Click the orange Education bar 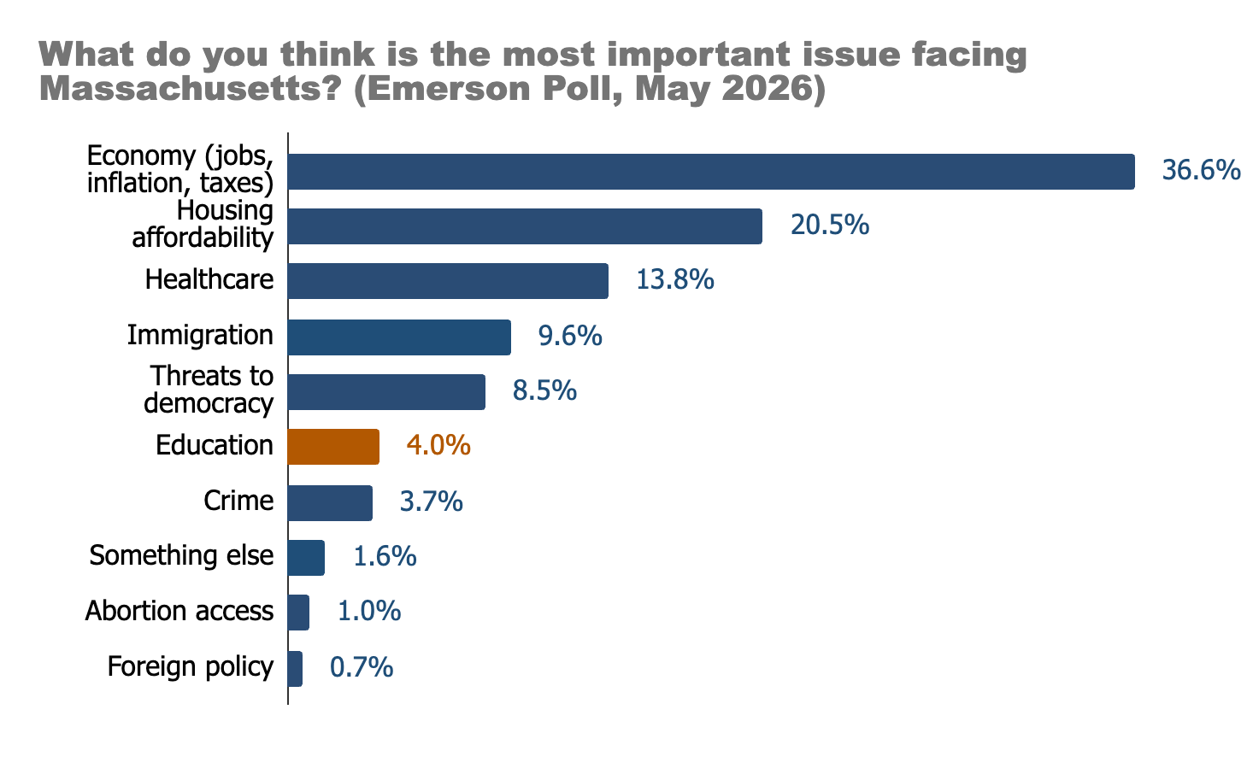coord(333,446)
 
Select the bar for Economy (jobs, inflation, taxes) coord(711,172)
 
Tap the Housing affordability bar coord(526,226)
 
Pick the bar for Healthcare coord(448,281)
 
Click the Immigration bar coord(399,337)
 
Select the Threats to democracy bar coord(386,392)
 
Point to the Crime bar coord(330,503)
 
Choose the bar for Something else coord(306,558)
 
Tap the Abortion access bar coord(298,613)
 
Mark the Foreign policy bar coord(296,669)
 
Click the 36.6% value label coord(1201,170)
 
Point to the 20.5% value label coord(830,225)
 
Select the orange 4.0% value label coord(438,445)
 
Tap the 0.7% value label coord(362,667)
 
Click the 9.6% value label coord(570,336)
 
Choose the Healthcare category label coord(209,279)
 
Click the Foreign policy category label coord(191,667)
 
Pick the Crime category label coord(238,501)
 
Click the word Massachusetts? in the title coord(191,88)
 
